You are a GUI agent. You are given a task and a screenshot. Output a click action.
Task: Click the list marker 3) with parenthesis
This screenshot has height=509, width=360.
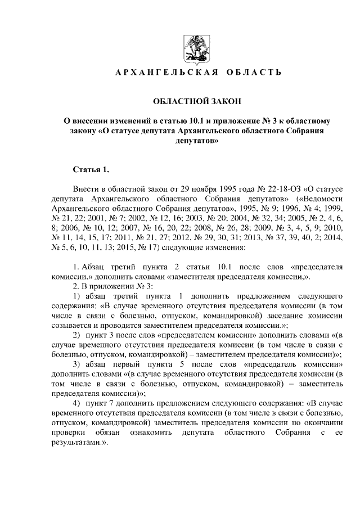[x=77, y=364]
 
